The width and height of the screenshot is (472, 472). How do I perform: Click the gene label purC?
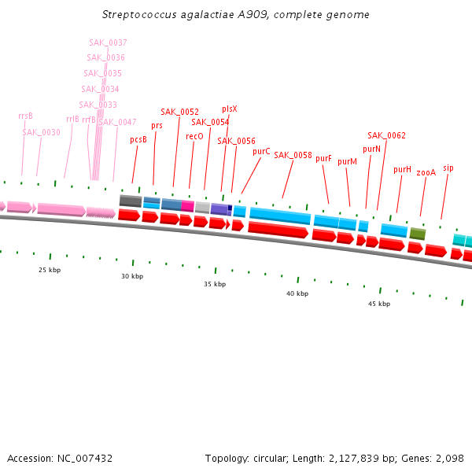pos(261,151)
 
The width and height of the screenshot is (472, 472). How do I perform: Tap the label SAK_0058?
pos(293,155)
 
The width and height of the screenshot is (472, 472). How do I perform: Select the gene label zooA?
pos(426,171)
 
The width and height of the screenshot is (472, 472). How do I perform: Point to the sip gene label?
pos(448,168)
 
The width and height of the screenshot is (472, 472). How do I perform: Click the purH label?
pos(402,169)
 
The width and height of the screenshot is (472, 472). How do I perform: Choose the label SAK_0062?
pos(386,135)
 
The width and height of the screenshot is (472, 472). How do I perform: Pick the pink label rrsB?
pos(25,116)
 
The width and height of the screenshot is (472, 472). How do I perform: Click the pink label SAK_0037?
pos(109,42)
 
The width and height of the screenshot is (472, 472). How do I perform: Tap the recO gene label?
pos(194,136)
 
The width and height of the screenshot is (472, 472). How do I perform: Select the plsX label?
pos(229,109)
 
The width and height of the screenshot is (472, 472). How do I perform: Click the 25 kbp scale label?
pos(50,270)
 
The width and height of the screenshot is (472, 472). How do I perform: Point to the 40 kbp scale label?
pos(297,293)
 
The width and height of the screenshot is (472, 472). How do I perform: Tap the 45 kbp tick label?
pos(379,304)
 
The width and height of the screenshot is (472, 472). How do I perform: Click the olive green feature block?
pos(418,234)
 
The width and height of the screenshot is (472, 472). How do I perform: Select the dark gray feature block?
pos(130,201)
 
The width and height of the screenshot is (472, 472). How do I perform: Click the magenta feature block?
pos(187,205)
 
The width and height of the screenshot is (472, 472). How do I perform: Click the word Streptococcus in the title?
pos(138,15)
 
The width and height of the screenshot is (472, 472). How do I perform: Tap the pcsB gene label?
pos(138,140)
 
